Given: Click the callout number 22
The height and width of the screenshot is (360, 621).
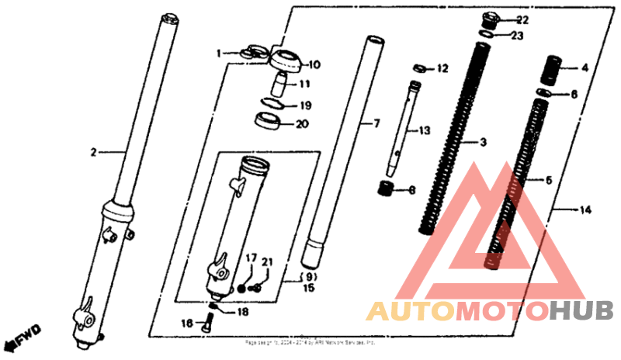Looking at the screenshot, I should pos(522,19).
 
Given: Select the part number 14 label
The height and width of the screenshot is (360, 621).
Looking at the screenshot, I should pos(585,209).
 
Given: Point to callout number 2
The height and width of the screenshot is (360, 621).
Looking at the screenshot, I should pos(93,153).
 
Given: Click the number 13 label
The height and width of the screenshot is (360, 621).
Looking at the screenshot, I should pos(424,131).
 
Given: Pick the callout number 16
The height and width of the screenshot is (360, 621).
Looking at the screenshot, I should pos(187,323).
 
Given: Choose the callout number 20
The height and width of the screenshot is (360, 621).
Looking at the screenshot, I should pos(303,123).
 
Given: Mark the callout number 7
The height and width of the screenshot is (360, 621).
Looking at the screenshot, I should pos(377,123).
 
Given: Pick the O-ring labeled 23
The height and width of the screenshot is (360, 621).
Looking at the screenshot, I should pos(486,35).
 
